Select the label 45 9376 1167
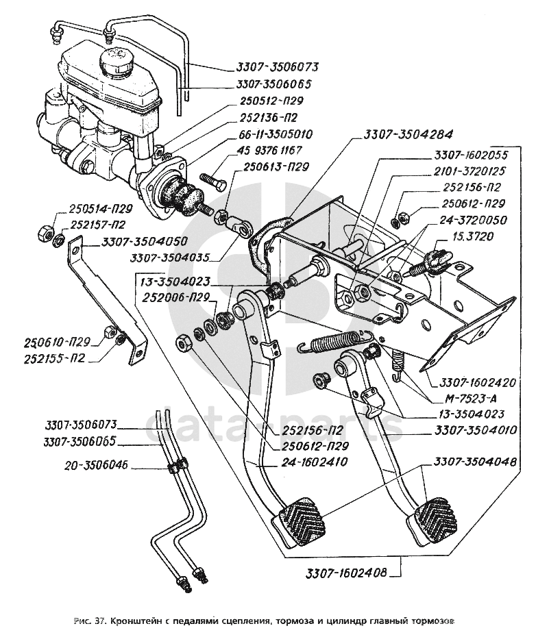click(265, 150)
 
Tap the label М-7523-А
click(472, 400)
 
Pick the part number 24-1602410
click(315, 462)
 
